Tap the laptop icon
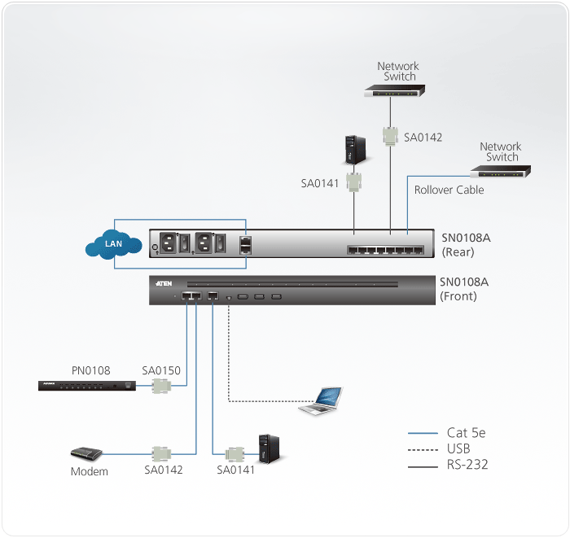322,401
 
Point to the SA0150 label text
161,370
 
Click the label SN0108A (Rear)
467,245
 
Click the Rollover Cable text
449,190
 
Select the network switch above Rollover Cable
500,171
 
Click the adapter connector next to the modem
160,453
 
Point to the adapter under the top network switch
391,136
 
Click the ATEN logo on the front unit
162,283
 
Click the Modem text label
89,471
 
